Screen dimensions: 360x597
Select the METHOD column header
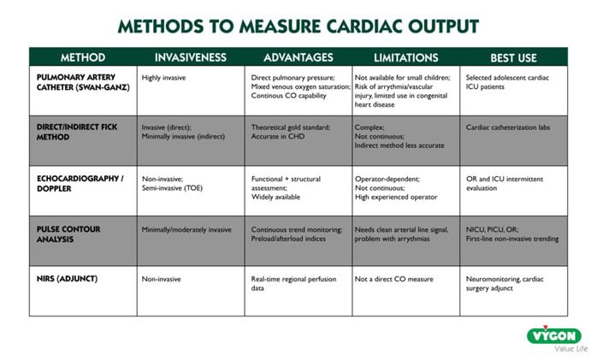click(x=83, y=57)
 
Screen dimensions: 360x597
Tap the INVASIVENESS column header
click(x=190, y=57)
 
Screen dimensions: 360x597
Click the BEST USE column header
click(x=513, y=57)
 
